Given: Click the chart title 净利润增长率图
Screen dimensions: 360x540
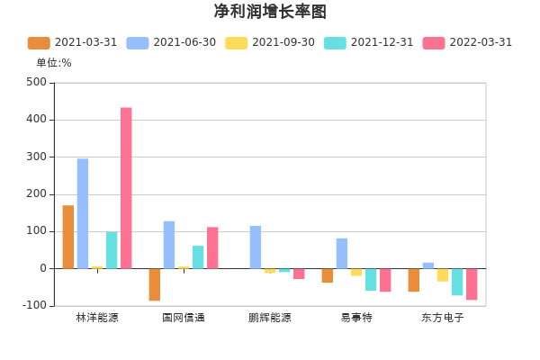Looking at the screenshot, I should pyautogui.click(x=270, y=12).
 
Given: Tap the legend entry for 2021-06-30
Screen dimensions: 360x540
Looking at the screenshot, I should pyautogui.click(x=171, y=42).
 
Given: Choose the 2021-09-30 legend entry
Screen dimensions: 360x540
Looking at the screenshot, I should pyautogui.click(x=270, y=42).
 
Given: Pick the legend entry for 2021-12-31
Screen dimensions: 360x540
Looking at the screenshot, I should pyautogui.click(x=368, y=42).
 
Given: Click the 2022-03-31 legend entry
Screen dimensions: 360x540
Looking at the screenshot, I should pyautogui.click(x=467, y=42).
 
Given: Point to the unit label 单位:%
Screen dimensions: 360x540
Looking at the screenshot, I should pyautogui.click(x=54, y=63).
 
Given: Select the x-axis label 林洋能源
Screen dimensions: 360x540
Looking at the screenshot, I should pyautogui.click(x=97, y=318).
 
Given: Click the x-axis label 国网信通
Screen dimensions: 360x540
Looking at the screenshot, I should pyautogui.click(x=184, y=318).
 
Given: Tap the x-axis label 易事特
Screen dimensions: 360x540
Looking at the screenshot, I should pyautogui.click(x=356, y=318).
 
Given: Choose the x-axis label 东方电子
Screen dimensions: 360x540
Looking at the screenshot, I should pyautogui.click(x=443, y=318).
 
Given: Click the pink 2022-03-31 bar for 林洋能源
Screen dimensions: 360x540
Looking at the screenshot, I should pyautogui.click(x=126, y=188).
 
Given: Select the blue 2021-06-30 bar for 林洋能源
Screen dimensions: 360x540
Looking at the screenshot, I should pyautogui.click(x=83, y=213).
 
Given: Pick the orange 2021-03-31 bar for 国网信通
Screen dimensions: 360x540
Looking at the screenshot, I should pyautogui.click(x=155, y=284).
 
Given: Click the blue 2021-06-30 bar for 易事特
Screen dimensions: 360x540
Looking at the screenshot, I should pyautogui.click(x=342, y=253).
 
